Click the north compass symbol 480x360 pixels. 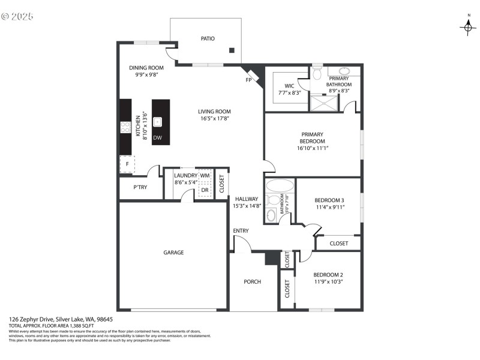[467, 26]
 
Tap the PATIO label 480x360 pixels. [208, 38]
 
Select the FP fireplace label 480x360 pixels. [248, 79]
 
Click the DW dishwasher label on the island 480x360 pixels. [157, 138]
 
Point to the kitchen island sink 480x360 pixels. [158, 122]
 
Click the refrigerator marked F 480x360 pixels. [127, 164]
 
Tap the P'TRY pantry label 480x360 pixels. [140, 187]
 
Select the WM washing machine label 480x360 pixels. [205, 175]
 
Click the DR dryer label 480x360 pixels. [205, 190]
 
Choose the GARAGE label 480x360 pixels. [173, 253]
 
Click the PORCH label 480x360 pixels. [252, 281]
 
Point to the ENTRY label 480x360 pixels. [241, 231]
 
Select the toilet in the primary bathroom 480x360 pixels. [317, 73]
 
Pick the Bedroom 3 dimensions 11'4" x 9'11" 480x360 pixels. [329, 207]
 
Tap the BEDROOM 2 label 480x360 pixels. [328, 274]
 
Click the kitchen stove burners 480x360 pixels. [126, 127]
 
